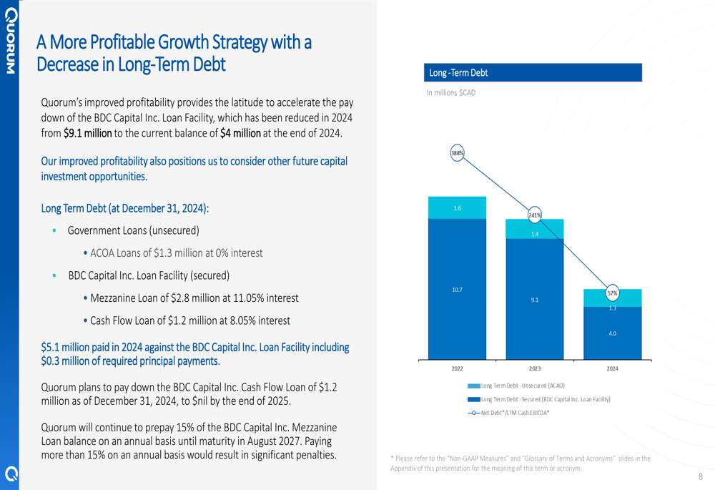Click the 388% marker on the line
click(x=457, y=153)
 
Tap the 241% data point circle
click(x=534, y=215)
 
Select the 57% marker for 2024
click(x=613, y=293)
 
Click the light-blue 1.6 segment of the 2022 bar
click(x=457, y=207)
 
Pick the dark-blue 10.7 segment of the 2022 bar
click(x=457, y=289)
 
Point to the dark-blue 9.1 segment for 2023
click(x=534, y=299)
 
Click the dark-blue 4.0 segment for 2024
click(x=613, y=333)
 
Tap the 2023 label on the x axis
click(x=534, y=368)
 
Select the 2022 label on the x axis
click(x=457, y=368)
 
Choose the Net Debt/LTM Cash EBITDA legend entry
click(x=508, y=413)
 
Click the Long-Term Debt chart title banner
click(x=533, y=72)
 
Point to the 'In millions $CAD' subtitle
click(x=451, y=92)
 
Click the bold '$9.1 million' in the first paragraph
click(x=87, y=133)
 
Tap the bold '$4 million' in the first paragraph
click(x=240, y=133)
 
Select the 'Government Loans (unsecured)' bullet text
click(x=133, y=230)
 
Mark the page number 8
click(x=701, y=477)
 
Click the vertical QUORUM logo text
click(x=11, y=41)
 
